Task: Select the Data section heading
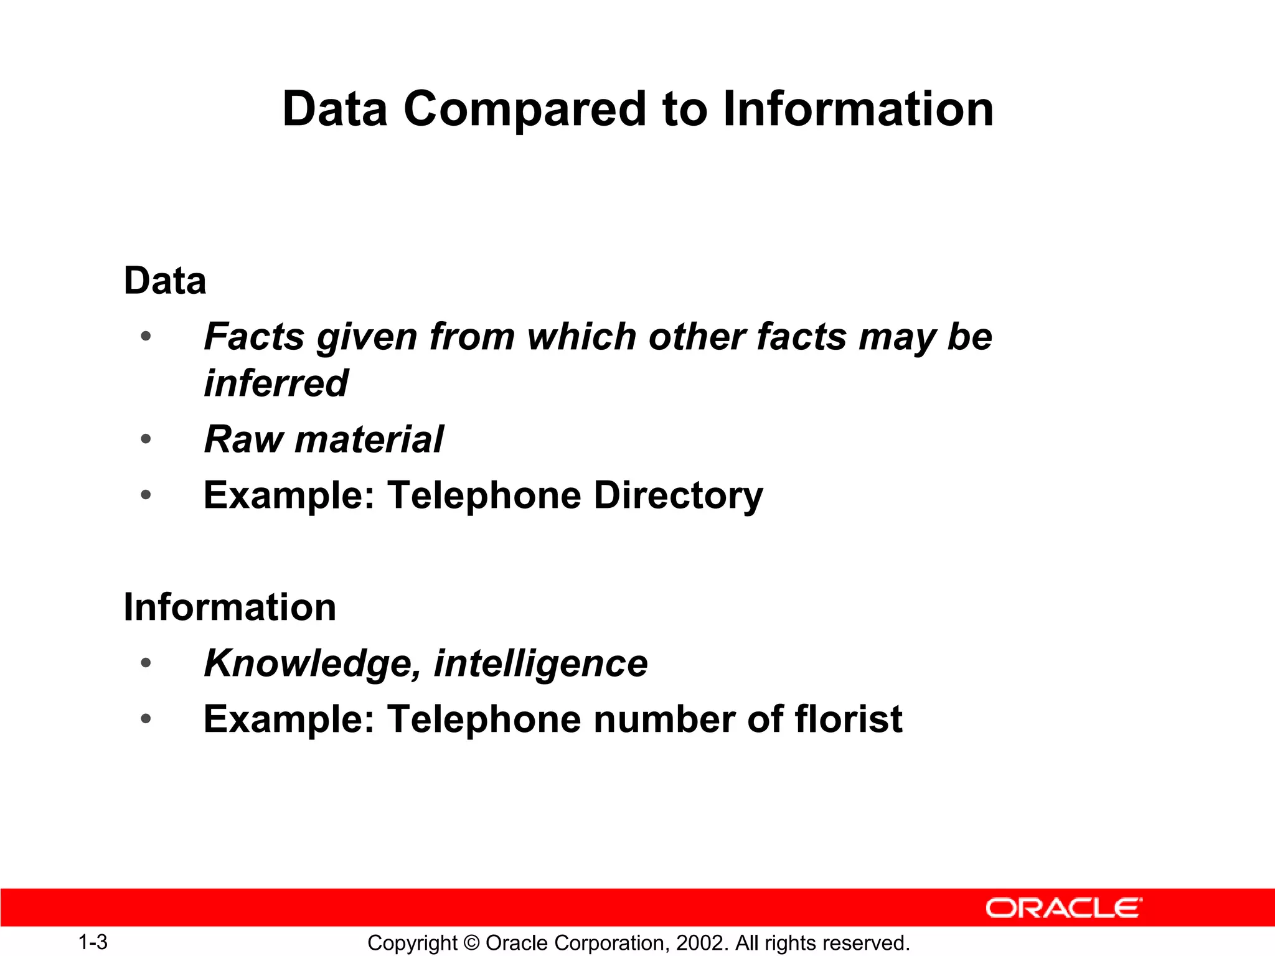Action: pos(165,281)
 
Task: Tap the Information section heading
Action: pos(230,607)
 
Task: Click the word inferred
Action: pos(276,383)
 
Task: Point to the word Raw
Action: pos(243,439)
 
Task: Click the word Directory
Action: pos(678,496)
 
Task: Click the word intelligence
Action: pos(540,663)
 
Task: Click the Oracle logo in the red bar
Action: pos(1063,908)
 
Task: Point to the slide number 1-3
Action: pos(93,942)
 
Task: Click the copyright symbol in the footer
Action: pos(471,943)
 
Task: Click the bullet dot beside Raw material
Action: pos(146,439)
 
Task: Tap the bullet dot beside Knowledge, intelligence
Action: pos(146,663)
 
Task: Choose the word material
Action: pos(369,439)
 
